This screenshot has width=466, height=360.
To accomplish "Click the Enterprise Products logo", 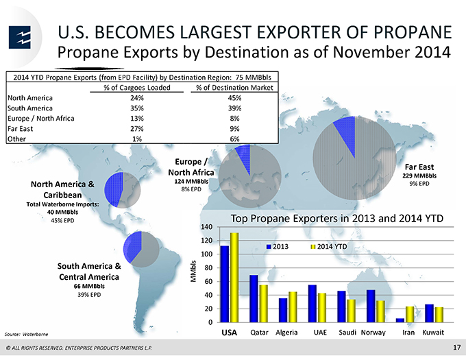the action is (20, 38).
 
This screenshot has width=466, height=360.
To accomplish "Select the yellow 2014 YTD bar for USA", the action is (234, 277).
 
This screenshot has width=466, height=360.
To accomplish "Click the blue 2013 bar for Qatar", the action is (254, 298).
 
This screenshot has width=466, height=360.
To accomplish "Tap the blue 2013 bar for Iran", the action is (400, 320).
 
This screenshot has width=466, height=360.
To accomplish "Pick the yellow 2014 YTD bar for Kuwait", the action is (439, 315).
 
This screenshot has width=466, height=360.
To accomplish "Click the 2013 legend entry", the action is (278, 247).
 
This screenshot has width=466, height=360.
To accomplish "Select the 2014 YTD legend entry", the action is (329, 247).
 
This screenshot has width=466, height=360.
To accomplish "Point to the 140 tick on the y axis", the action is (207, 227).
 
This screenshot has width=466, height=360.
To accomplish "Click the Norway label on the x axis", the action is (373, 333).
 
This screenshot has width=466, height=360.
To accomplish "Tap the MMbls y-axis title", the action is (193, 271).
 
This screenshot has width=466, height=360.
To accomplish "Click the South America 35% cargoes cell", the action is (136, 108).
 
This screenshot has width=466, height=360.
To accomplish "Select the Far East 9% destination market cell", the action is (234, 129).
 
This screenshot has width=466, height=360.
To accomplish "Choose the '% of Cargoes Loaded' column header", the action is (136, 88).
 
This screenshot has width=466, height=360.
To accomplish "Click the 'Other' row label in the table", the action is (16, 139).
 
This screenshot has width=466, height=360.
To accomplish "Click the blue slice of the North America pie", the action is (114, 189).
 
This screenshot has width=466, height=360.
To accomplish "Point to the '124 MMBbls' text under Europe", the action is (191, 181).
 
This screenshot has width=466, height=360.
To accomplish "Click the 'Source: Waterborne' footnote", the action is (26, 334).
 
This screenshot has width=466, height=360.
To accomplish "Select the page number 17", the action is (456, 347).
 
